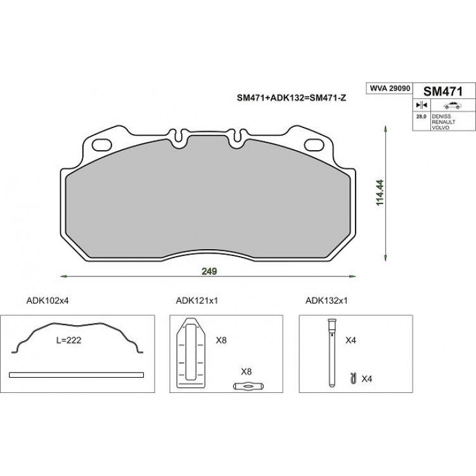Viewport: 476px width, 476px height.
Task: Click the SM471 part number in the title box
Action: (443, 91)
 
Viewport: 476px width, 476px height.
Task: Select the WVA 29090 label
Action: (390, 88)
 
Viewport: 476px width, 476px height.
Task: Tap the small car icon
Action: (452, 105)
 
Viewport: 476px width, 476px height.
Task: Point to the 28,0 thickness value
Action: (421, 116)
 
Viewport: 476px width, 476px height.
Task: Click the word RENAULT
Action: (443, 122)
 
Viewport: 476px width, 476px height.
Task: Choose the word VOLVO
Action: (440, 127)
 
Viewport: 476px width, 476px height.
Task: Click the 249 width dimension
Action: (209, 271)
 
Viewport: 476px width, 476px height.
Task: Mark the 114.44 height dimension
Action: (380, 193)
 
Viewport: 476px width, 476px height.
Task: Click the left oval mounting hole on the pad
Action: (102, 145)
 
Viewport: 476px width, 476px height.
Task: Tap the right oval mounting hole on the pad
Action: (314, 145)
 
